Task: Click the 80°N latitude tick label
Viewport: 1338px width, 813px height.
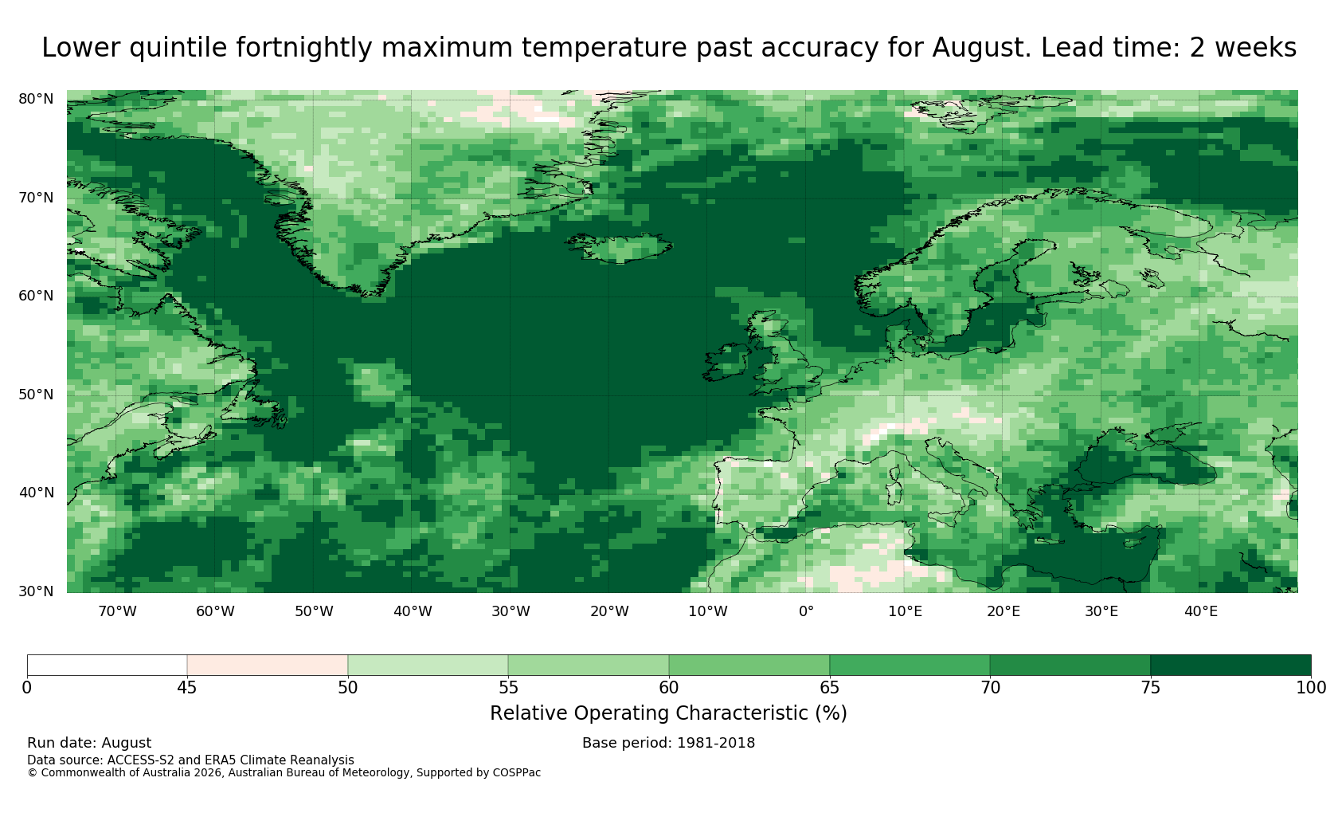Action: click(36, 99)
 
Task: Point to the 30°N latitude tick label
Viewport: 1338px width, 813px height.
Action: click(36, 591)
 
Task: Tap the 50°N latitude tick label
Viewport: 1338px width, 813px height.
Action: click(36, 395)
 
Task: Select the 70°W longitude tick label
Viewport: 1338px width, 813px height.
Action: click(118, 611)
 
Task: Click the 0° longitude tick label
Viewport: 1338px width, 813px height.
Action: click(806, 611)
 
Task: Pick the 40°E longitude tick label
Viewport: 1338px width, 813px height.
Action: click(1201, 611)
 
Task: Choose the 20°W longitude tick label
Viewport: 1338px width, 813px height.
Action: click(609, 611)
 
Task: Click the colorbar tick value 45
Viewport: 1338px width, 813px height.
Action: click(187, 688)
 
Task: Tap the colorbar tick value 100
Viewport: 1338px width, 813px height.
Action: click(1311, 688)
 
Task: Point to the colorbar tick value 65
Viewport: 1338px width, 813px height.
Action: click(829, 688)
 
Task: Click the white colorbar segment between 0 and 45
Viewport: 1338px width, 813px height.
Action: click(107, 666)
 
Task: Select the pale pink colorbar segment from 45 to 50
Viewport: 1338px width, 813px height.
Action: click(268, 666)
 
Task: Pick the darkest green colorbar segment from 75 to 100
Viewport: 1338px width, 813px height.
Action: click(1230, 666)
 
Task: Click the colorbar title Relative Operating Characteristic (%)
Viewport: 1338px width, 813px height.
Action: click(668, 713)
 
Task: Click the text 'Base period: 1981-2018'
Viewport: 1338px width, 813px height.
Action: click(668, 743)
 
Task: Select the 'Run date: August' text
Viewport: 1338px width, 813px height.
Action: click(89, 743)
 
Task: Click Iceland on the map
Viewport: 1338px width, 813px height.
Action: click(621, 247)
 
